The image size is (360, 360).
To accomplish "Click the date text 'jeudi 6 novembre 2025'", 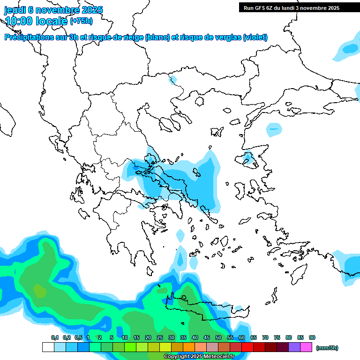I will (53, 10).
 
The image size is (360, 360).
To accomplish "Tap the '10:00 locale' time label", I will (36, 21).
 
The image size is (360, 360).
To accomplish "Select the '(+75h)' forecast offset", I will (81, 21).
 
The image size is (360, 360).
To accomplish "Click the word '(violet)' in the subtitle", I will (255, 37).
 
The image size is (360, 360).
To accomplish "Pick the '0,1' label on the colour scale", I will (55, 337).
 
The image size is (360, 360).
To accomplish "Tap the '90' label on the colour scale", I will (312, 337).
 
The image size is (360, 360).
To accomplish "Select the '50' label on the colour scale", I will (218, 337).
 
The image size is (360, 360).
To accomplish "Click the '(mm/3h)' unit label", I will (327, 348).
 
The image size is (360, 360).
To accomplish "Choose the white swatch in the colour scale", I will (48, 347).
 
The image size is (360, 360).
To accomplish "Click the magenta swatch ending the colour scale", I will (306, 347).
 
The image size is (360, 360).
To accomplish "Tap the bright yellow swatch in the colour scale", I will (165, 347).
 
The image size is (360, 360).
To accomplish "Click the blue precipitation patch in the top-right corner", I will (348, 49).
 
